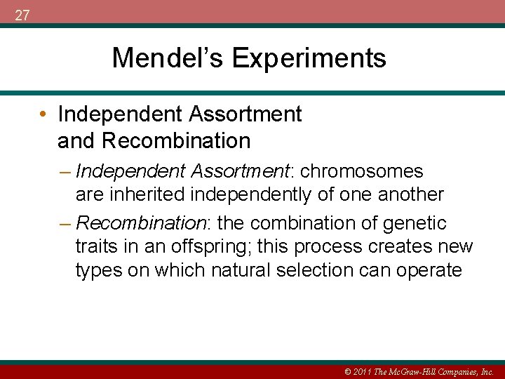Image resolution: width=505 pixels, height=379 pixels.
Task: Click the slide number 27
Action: click(22, 15)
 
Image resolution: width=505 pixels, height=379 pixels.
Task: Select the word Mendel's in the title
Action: click(168, 58)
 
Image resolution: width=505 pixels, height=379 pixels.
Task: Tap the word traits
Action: click(95, 247)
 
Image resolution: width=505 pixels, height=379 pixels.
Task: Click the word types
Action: click(97, 271)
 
